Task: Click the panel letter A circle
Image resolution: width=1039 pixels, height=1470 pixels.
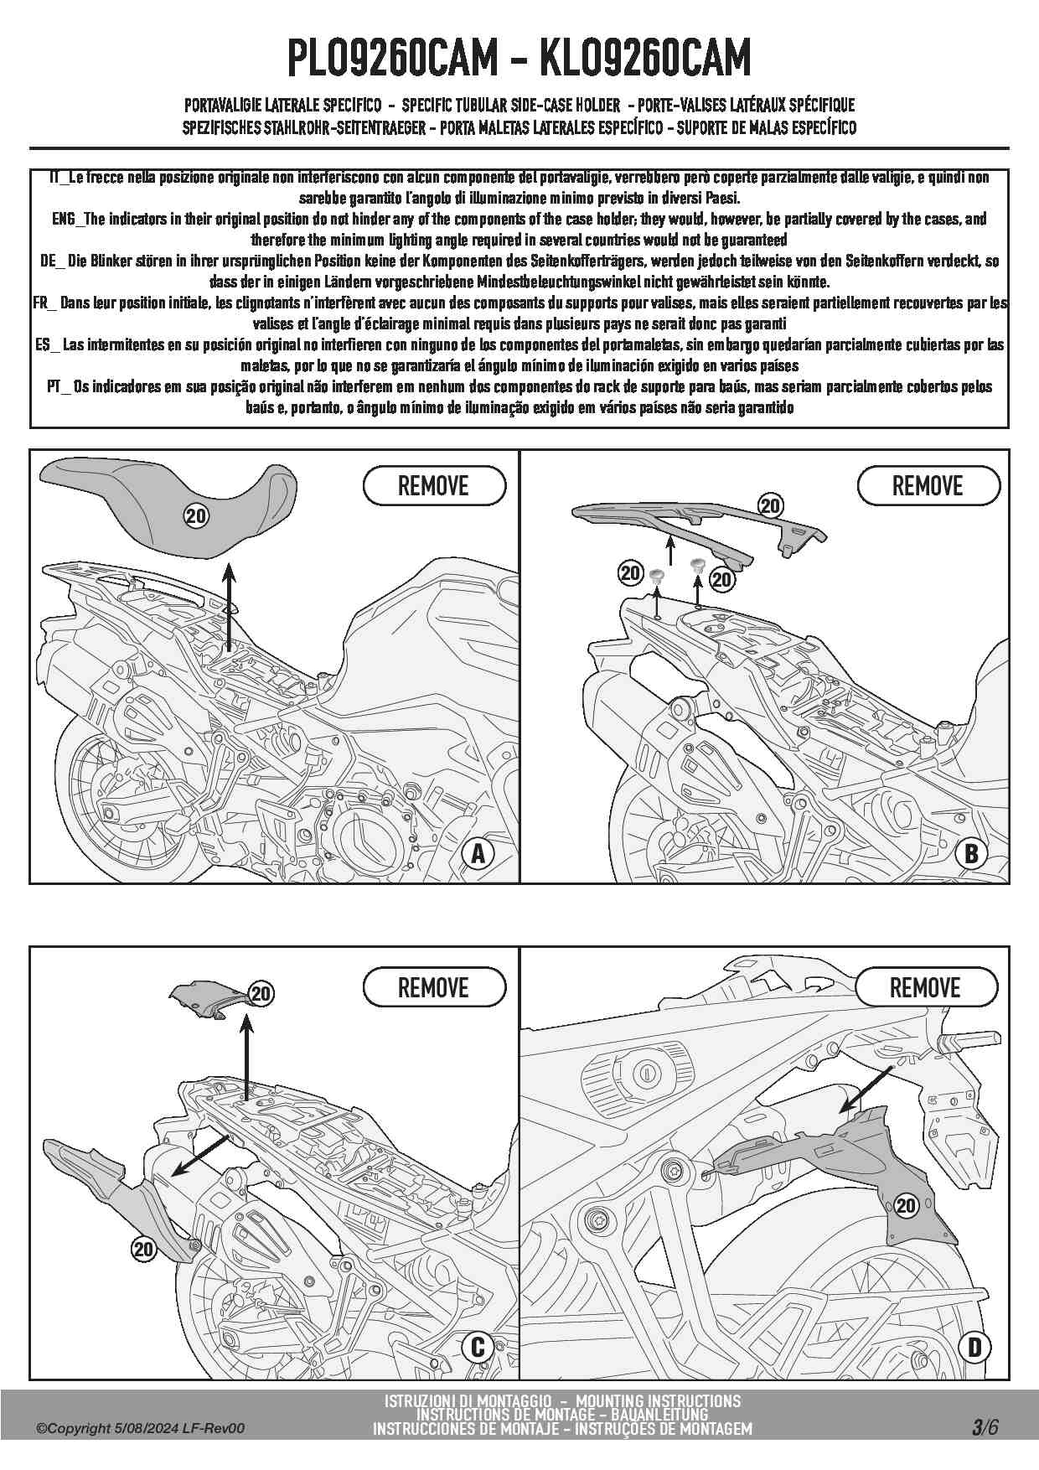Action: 478,853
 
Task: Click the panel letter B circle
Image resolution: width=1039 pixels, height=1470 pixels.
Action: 971,853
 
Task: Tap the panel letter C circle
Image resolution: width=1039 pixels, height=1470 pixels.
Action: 478,1346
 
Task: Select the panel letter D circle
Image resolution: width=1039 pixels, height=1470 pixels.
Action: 974,1347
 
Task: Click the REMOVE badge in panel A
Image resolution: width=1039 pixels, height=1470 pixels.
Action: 434,486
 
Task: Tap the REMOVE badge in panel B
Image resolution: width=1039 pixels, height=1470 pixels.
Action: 928,486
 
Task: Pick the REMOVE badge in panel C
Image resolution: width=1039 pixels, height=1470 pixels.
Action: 434,987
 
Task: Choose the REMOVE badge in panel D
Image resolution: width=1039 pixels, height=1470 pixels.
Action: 926,987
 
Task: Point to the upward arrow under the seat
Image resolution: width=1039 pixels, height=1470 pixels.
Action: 229,608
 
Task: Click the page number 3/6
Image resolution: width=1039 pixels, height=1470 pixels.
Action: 985,1427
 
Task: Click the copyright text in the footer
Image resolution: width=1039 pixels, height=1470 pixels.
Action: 141,1428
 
